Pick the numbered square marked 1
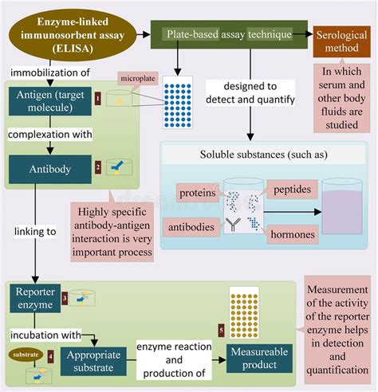(x=97, y=99)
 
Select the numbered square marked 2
(x=97, y=167)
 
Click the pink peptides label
(x=294, y=190)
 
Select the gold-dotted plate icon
(x=245, y=309)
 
